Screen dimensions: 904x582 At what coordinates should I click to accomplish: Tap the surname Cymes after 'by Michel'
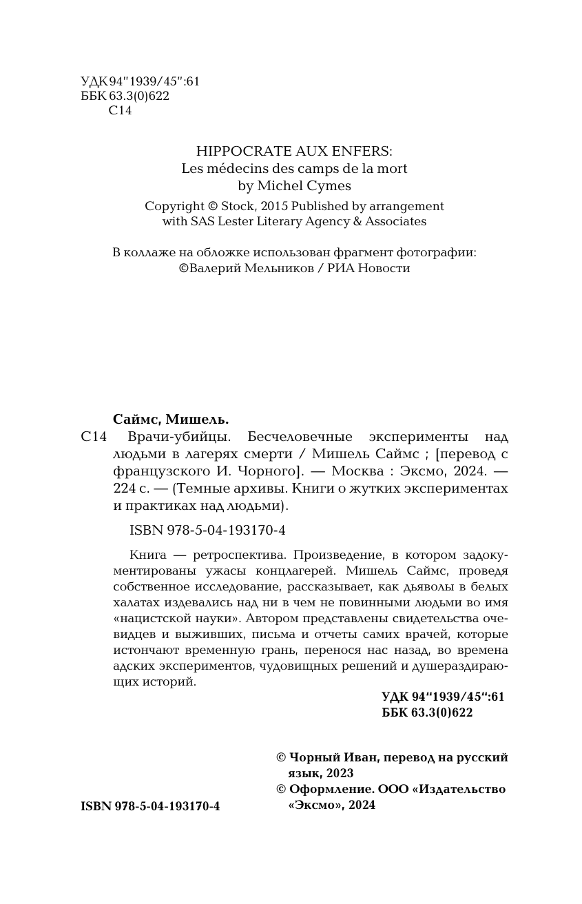(x=330, y=186)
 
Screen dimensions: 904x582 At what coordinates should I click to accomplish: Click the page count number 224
(x=123, y=489)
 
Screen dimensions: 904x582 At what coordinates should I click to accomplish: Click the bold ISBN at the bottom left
(x=150, y=806)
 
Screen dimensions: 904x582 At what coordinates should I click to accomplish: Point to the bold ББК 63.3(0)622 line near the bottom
(x=427, y=713)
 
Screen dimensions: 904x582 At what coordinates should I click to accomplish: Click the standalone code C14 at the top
(x=120, y=111)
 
